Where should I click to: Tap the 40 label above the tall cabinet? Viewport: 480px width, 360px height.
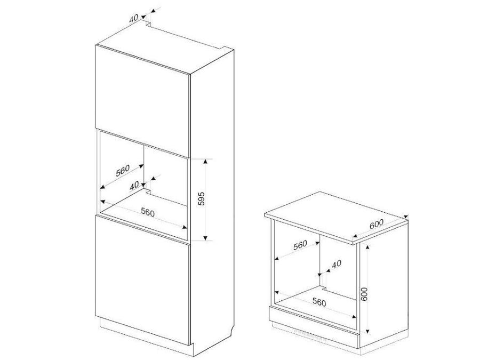pos(134,18)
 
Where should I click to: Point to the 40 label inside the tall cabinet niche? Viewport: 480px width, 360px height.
pos(134,185)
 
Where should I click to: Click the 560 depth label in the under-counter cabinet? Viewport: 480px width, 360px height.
pos(300,245)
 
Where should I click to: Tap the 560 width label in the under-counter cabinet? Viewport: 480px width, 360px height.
pos(318,302)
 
